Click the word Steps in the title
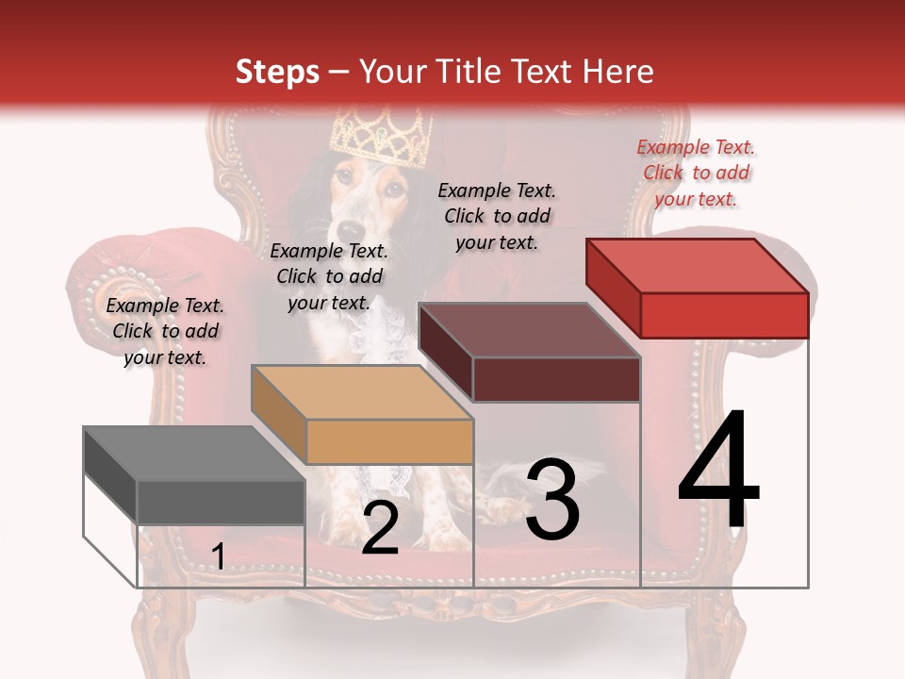(x=277, y=72)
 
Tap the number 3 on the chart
(x=551, y=500)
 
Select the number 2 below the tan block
(x=380, y=528)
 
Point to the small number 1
(x=218, y=557)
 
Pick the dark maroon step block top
(x=529, y=330)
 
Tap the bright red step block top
(x=698, y=265)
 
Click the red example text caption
(x=696, y=173)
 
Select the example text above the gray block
(x=165, y=331)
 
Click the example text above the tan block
(x=329, y=276)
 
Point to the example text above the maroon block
(x=497, y=216)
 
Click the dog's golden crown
(x=381, y=137)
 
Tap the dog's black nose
(x=351, y=231)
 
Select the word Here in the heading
(x=617, y=72)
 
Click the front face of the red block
(x=724, y=315)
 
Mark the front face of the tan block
(x=389, y=441)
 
